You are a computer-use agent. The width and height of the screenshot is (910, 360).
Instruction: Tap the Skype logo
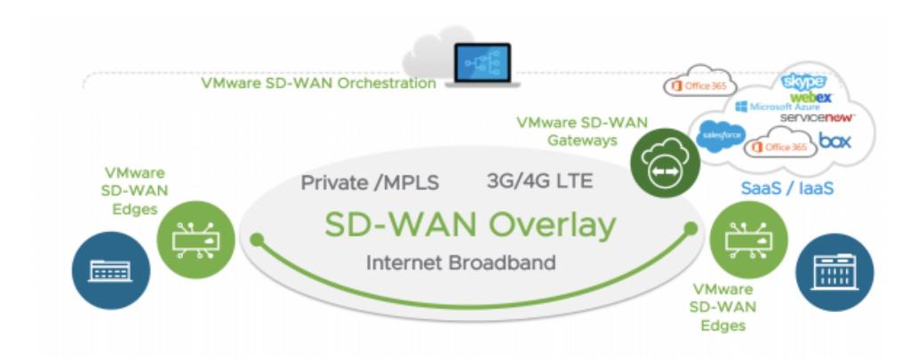click(x=802, y=81)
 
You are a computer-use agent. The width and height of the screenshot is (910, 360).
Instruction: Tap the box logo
click(x=835, y=141)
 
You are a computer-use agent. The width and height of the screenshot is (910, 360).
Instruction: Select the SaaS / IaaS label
click(x=785, y=188)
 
